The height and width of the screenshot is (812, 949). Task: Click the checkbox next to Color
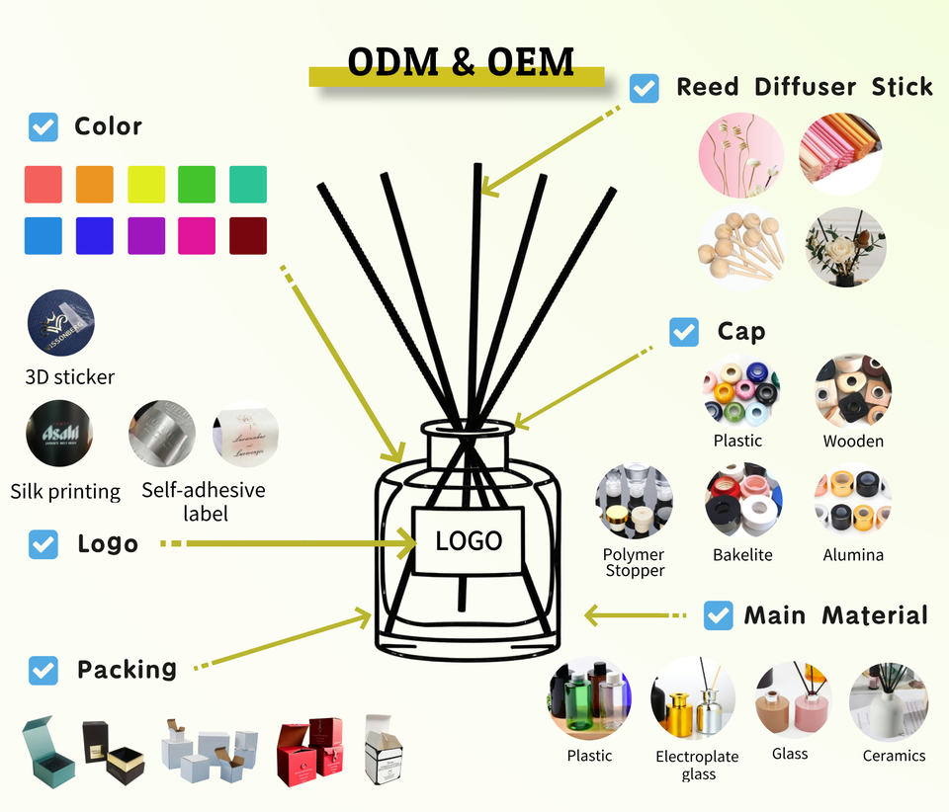click(43, 126)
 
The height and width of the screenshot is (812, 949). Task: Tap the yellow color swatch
click(146, 185)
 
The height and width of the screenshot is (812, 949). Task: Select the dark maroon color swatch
click(248, 236)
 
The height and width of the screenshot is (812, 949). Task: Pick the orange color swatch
click(95, 185)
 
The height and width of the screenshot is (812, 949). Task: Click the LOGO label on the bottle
click(469, 540)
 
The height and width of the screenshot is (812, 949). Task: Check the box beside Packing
click(43, 670)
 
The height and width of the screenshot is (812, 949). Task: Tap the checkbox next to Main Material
click(718, 615)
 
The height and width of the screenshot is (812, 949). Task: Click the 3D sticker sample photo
click(61, 324)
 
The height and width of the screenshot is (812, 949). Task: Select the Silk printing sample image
click(61, 433)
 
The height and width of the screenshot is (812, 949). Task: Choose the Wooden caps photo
click(853, 390)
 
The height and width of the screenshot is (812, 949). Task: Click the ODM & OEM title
click(461, 62)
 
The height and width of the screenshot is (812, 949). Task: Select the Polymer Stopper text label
click(635, 562)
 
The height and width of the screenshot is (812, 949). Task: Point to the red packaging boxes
click(309, 749)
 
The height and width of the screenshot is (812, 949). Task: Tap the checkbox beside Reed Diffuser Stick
click(645, 88)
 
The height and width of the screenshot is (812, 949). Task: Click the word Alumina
click(853, 555)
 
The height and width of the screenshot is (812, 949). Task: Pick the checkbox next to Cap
click(684, 331)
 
